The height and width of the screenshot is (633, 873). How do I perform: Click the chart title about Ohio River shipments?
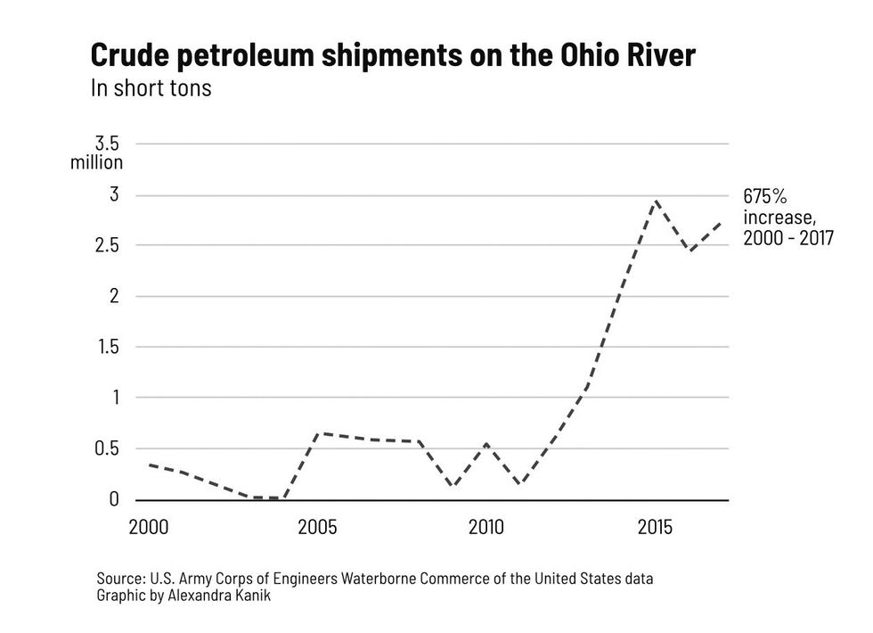click(x=393, y=55)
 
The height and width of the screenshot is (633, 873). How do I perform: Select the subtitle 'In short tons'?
click(x=151, y=89)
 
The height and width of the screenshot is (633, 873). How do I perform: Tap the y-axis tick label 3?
click(x=113, y=194)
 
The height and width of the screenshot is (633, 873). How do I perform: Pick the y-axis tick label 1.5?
click(x=107, y=347)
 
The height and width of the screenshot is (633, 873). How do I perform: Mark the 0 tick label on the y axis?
click(x=113, y=499)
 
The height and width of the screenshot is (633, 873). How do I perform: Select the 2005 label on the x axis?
click(x=317, y=527)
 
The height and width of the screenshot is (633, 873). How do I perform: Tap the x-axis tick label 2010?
click(x=485, y=527)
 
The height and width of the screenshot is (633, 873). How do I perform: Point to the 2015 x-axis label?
click(x=655, y=527)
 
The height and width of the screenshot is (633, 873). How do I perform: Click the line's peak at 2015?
click(x=656, y=201)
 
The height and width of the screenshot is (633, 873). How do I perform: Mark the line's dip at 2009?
click(x=453, y=487)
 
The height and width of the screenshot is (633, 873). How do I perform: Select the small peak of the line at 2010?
click(x=486, y=443)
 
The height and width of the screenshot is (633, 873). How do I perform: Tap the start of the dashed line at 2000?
click(x=149, y=464)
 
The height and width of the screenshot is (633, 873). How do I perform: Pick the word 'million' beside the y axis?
click(x=96, y=162)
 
